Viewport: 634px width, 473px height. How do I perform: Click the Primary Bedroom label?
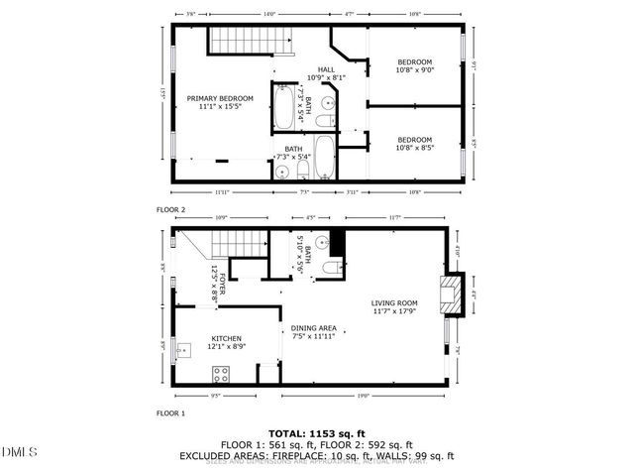(220, 98)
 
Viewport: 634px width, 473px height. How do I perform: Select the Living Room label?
(394, 303)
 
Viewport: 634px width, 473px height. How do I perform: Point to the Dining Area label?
(313, 328)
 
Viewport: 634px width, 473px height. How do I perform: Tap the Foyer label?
(224, 288)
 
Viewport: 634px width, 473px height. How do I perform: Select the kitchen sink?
(183, 349)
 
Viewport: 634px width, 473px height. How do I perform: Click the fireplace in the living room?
(452, 295)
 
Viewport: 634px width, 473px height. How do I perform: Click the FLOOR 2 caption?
(171, 210)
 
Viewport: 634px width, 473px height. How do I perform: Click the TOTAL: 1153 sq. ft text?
(316, 433)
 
